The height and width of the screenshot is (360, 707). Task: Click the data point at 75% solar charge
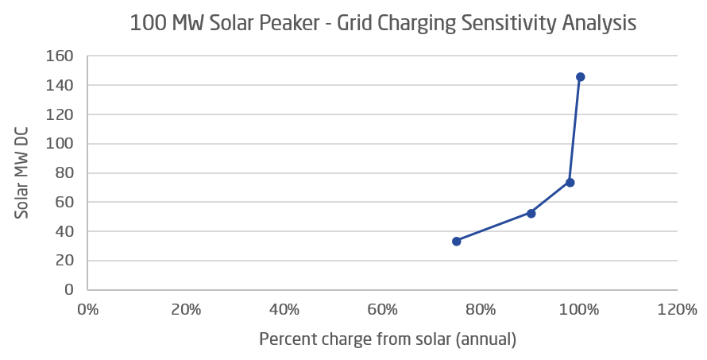[457, 241]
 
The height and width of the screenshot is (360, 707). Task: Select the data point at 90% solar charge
[531, 213]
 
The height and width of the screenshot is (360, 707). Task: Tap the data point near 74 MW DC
[570, 182]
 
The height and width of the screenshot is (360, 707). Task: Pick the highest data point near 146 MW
[580, 77]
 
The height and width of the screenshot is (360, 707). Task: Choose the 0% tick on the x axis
[87, 309]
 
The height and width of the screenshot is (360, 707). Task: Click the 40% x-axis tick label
[284, 309]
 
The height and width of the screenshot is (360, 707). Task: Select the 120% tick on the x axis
[677, 309]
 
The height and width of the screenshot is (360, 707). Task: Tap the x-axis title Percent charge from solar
[388, 339]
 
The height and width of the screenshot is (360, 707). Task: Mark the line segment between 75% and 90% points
[493, 227]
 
